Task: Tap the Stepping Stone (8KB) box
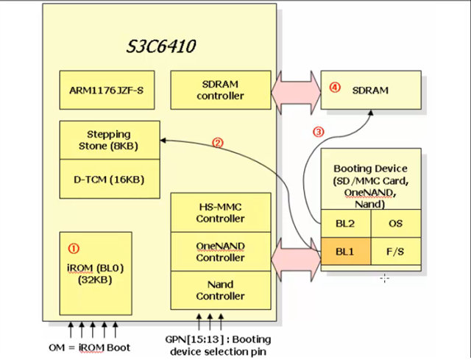pyautogui.click(x=109, y=140)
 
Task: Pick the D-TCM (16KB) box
pyautogui.click(x=109, y=180)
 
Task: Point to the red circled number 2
pyautogui.click(x=217, y=143)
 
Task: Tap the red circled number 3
pyautogui.click(x=318, y=133)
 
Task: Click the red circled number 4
pyautogui.click(x=336, y=88)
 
